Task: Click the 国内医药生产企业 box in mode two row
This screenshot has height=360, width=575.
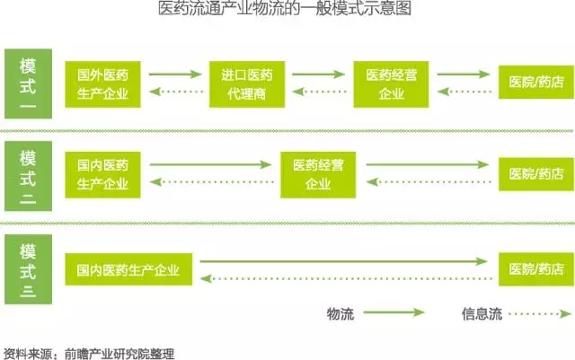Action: pos(102,175)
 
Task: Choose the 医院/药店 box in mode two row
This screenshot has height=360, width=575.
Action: pos(535,175)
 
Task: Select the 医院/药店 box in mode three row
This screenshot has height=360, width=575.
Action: pos(535,268)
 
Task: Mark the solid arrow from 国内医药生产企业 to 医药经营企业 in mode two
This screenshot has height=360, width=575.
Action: pos(210,165)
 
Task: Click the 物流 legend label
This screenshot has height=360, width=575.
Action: pos(341,313)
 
